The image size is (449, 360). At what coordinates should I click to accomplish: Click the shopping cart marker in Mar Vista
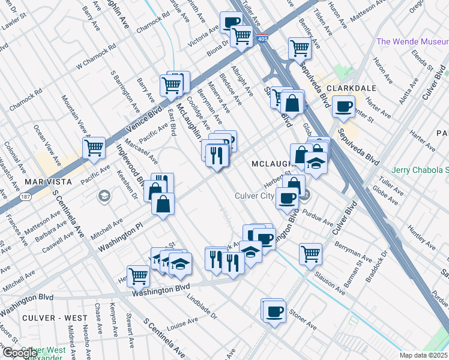coord(94,148)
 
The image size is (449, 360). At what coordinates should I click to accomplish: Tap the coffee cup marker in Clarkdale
coord(344,107)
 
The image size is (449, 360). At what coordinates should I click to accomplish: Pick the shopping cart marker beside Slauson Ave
coord(310,253)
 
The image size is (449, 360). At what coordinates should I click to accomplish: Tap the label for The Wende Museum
coord(412,41)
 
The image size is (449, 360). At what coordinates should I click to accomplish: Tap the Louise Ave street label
coord(182,325)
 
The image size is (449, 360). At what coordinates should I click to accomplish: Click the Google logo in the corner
coord(20,352)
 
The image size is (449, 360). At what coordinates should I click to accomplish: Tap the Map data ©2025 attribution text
coord(423,355)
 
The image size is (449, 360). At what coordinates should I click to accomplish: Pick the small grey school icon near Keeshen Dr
coord(104,196)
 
